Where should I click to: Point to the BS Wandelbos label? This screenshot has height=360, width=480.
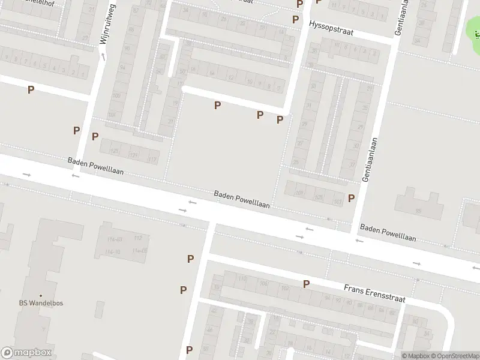click(41, 303)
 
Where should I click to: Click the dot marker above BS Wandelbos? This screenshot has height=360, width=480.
click(41, 295)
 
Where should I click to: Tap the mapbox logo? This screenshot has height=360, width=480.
click(26, 353)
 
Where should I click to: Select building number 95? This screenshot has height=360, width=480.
click(418, 211)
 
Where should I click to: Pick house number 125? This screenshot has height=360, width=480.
click(115, 150)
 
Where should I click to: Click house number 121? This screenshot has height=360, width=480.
click(133, 155)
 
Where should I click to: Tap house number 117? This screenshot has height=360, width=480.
click(152, 160)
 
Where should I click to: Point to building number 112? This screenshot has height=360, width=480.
click(138, 238)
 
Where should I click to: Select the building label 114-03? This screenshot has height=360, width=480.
click(113, 239)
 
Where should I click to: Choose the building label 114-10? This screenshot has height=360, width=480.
click(113, 251)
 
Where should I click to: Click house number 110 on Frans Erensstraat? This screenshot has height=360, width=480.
click(242, 279)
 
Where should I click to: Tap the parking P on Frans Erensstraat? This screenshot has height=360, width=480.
click(306, 284)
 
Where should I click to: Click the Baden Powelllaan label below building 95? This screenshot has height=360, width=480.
click(388, 233)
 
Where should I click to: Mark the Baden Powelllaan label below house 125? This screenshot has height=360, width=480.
click(96, 166)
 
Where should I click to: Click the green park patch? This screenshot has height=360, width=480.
click(473, 27)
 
